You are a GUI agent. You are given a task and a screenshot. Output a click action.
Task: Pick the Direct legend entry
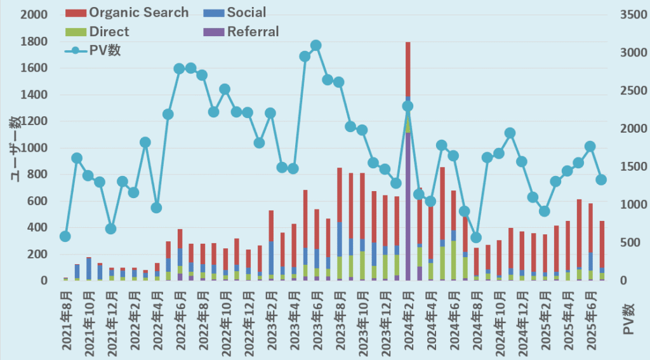(109, 32)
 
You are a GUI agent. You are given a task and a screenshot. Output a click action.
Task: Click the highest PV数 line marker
(316, 45)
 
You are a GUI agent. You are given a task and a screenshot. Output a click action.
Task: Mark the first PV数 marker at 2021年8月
(65, 236)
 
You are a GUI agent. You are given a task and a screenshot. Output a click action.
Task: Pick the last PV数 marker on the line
(601, 180)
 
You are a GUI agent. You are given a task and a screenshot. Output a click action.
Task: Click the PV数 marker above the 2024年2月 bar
(408, 106)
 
